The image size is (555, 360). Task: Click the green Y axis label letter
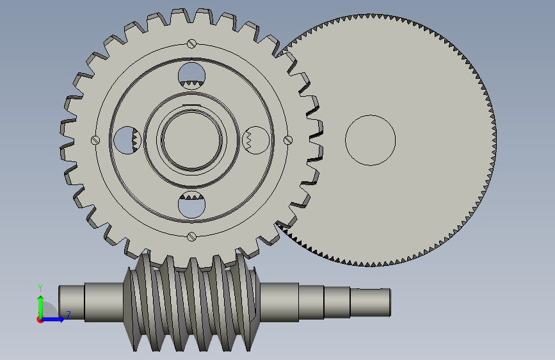(40, 288)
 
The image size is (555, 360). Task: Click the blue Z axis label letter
(68, 315)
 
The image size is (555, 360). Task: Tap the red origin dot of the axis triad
(40, 320)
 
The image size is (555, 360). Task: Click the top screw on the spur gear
(191, 44)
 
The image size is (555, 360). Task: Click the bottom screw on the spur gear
(191, 236)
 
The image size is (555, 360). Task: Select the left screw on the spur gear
(95, 140)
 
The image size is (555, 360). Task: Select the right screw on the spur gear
(288, 140)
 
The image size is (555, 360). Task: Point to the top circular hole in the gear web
(191, 76)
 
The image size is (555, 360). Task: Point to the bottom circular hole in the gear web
(191, 205)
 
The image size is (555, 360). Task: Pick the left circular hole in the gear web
(127, 140)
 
